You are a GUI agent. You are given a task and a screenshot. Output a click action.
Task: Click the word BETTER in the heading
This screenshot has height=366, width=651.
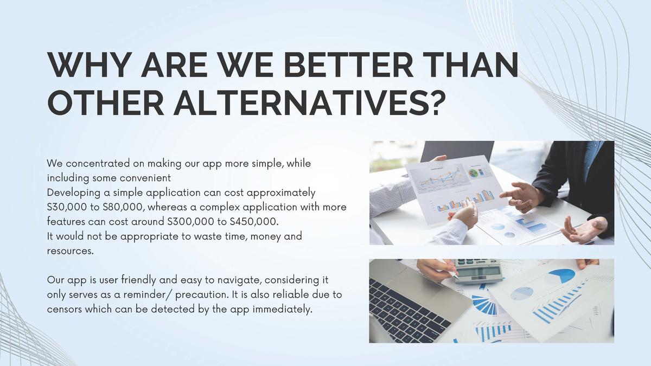click(344, 65)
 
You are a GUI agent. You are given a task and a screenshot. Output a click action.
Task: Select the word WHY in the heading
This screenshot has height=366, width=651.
click(88, 65)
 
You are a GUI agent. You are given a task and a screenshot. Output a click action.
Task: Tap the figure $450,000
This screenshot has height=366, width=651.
click(254, 222)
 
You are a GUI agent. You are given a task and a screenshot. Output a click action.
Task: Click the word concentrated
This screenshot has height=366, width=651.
click(98, 163)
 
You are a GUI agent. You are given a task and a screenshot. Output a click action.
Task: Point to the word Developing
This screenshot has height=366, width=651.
click(75, 193)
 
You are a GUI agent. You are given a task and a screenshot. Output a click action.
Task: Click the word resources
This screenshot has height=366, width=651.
click(71, 251)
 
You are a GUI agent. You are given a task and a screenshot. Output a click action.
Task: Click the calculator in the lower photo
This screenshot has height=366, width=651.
click(478, 271)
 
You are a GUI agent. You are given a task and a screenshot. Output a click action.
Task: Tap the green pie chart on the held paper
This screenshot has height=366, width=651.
click(473, 174)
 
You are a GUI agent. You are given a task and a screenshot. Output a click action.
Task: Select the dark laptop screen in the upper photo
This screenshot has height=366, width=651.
click(457, 152)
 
